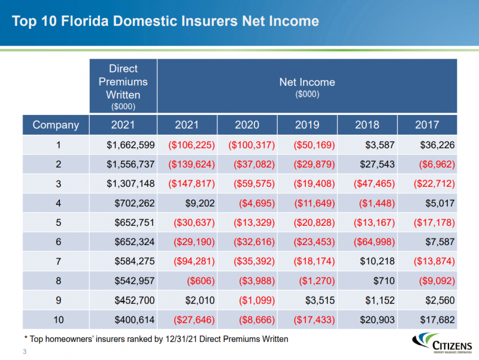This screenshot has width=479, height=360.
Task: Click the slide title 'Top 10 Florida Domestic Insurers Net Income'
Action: [165, 22]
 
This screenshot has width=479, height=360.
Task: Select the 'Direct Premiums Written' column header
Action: [123, 86]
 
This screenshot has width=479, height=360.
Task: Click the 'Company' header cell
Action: [56, 125]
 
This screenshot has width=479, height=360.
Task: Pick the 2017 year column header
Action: [427, 125]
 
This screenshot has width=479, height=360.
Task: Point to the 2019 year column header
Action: [307, 125]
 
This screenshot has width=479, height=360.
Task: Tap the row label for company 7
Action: [56, 262]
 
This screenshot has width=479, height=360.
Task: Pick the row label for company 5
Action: [56, 223]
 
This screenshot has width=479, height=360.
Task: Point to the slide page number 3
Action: [25, 351]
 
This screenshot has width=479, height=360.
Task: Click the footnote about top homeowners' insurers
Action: [155, 339]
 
